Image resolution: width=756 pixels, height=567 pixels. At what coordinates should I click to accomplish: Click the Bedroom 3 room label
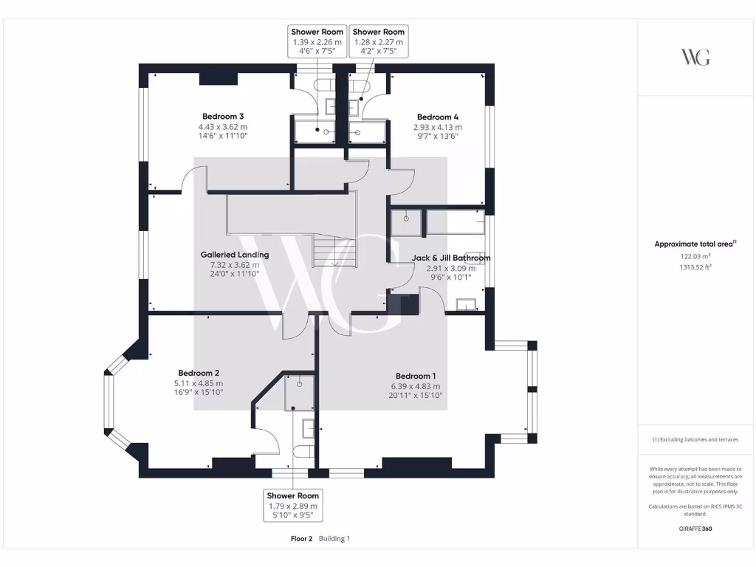(x=223, y=117)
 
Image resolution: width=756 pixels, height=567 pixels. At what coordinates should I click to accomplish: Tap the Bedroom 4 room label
(x=438, y=117)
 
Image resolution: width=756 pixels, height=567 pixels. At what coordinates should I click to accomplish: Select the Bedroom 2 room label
(x=199, y=373)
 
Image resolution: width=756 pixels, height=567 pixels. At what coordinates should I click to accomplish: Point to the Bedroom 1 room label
(x=416, y=375)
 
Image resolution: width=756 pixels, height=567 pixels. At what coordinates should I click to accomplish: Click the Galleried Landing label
(x=235, y=255)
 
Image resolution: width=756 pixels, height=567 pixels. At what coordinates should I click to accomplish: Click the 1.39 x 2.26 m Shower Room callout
(x=317, y=42)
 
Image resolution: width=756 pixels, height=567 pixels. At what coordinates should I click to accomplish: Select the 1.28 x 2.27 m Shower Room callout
(x=379, y=42)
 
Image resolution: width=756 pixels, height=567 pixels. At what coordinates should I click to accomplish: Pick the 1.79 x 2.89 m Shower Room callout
(x=293, y=506)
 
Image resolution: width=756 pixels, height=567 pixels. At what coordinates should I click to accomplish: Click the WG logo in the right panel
(x=695, y=57)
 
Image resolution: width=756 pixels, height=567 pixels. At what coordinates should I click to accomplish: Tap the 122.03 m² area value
(x=695, y=256)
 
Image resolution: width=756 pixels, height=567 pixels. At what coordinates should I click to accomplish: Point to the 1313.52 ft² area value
(x=695, y=267)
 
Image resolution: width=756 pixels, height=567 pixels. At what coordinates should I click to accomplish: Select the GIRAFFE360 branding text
(x=695, y=529)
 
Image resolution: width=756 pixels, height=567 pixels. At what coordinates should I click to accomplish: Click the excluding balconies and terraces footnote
(x=695, y=439)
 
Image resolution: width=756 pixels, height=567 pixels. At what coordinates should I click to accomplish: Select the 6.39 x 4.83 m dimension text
(x=416, y=386)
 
